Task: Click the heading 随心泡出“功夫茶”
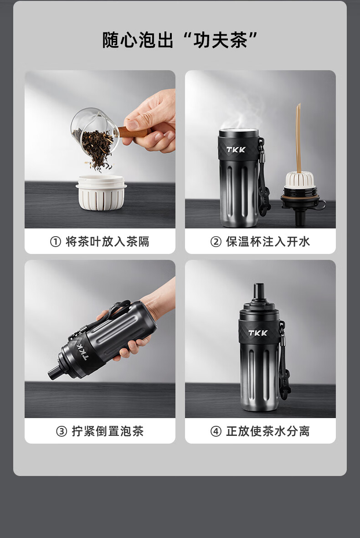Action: click(x=180, y=40)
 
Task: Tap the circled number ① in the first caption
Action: click(x=56, y=242)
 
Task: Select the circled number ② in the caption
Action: click(x=216, y=242)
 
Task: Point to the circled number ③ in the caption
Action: click(x=62, y=431)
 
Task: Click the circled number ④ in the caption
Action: click(x=216, y=431)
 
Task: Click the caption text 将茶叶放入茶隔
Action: click(x=107, y=242)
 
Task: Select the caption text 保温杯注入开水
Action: click(x=268, y=242)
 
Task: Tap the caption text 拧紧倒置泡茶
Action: click(x=108, y=431)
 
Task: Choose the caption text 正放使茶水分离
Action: click(x=268, y=431)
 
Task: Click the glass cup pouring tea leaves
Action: click(x=95, y=132)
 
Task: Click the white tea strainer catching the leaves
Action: click(x=101, y=192)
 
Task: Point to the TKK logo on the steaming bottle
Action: click(x=236, y=150)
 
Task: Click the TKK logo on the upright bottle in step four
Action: click(x=258, y=333)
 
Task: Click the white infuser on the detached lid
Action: click(x=300, y=181)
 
